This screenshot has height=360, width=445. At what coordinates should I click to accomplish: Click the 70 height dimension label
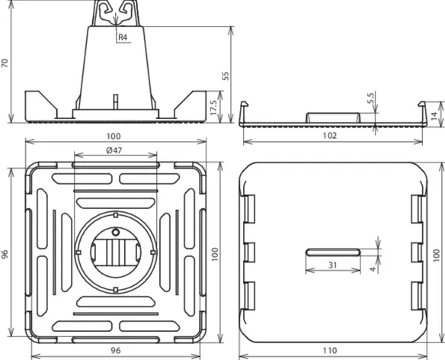[x=5, y=63]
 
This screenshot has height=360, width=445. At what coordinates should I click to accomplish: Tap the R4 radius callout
[x=123, y=37]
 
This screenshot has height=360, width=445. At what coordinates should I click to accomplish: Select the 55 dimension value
[x=226, y=76]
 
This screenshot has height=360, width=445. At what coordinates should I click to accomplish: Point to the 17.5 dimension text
[x=213, y=108]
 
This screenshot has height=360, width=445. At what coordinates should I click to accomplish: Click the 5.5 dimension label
[x=370, y=98]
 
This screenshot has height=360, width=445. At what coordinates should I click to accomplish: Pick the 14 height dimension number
[x=434, y=116]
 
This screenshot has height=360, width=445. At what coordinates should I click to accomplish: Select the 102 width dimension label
[x=330, y=136]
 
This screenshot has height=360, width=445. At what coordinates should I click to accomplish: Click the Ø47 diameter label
[x=114, y=150]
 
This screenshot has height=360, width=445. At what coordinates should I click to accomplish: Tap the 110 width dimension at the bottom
[x=330, y=351]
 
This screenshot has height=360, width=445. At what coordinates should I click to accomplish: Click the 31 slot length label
[x=333, y=265]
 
